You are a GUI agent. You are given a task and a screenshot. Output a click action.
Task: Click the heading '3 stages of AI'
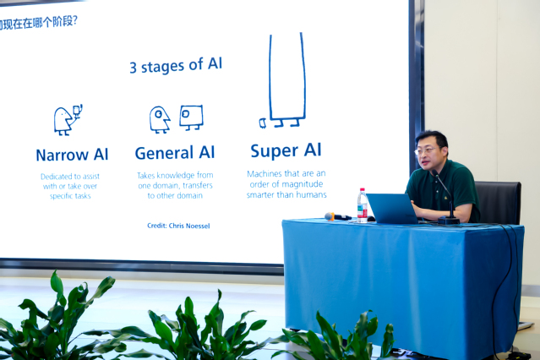click(x=176, y=65)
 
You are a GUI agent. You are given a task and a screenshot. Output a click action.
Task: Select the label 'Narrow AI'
click(x=72, y=155)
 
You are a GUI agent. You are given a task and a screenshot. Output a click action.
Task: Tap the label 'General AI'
click(x=175, y=153)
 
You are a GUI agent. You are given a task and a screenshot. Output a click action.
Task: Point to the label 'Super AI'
click(x=286, y=150)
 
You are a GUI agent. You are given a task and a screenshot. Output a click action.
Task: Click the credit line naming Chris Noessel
click(x=178, y=226)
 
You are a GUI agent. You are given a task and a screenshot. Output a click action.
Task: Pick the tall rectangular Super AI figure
click(x=287, y=80)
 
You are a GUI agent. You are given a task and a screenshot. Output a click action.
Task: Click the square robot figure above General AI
click(x=191, y=117)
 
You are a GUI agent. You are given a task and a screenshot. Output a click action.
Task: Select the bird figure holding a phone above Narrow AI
click(x=68, y=120)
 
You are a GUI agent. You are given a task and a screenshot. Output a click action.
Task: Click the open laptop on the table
click(x=393, y=209)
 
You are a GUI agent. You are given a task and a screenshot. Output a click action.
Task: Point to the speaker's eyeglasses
click(x=426, y=150)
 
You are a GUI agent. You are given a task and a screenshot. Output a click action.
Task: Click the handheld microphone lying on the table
click(x=337, y=216)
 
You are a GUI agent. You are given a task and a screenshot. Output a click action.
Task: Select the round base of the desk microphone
click(x=449, y=220)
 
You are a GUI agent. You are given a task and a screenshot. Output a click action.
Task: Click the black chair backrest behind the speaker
click(x=499, y=202)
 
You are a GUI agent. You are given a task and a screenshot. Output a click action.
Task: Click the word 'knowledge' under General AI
click(x=176, y=175)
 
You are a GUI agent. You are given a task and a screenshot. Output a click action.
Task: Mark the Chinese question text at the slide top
click(x=39, y=23)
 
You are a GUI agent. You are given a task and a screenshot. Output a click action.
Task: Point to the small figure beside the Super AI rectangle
click(x=263, y=123)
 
